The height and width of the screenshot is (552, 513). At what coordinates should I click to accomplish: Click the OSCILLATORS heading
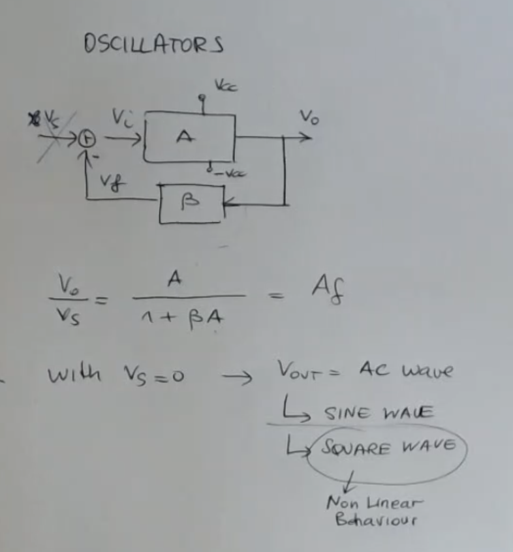[x=154, y=44]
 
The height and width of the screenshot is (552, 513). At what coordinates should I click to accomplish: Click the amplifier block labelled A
[x=186, y=137]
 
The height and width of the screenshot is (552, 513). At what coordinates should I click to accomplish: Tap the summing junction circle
[x=84, y=138]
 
